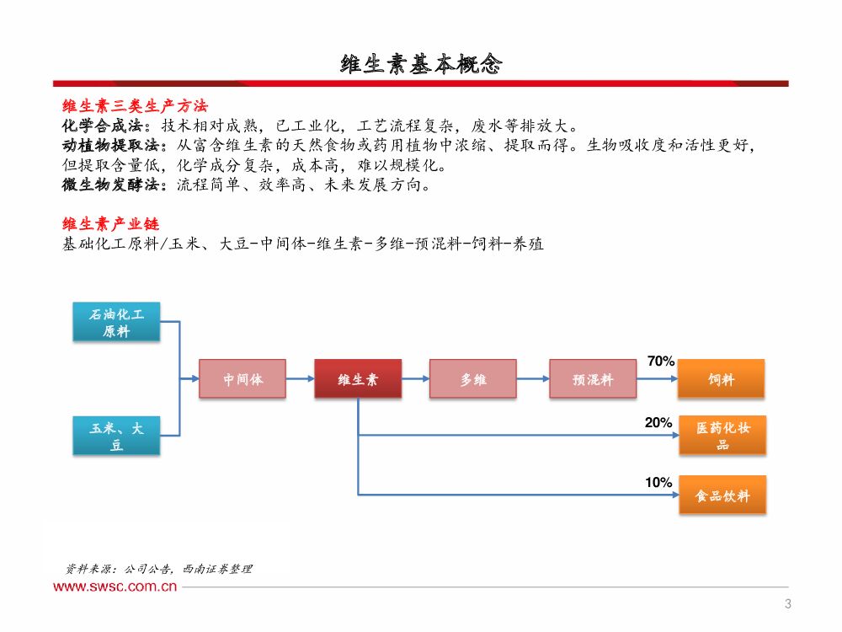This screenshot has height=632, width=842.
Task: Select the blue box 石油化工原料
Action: pyautogui.click(x=117, y=323)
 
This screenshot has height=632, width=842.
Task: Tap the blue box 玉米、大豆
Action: pyautogui.click(x=117, y=437)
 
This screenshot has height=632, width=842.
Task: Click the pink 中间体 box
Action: pyautogui.click(x=242, y=379)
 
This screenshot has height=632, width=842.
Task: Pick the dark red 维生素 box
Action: pyautogui.click(x=358, y=379)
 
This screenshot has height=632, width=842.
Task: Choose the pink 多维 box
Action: pyautogui.click(x=472, y=379)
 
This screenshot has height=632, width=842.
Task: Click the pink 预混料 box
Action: pyautogui.click(x=593, y=379)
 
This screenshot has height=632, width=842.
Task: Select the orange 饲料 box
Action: pyautogui.click(x=722, y=379)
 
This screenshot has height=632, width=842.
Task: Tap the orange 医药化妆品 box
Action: pyautogui.click(x=722, y=436)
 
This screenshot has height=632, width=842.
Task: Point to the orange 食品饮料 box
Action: pyautogui.click(x=722, y=495)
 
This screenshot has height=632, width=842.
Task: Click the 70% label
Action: pyautogui.click(x=661, y=362)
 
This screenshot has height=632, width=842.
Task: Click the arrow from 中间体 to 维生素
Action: pyautogui.click(x=301, y=379)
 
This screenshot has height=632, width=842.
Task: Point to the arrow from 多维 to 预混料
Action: pyautogui.click(x=532, y=379)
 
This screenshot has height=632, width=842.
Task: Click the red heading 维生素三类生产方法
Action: pyautogui.click(x=135, y=107)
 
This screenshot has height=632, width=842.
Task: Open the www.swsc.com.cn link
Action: pyautogui.click(x=115, y=586)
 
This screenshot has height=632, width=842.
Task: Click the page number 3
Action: pyautogui.click(x=787, y=603)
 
